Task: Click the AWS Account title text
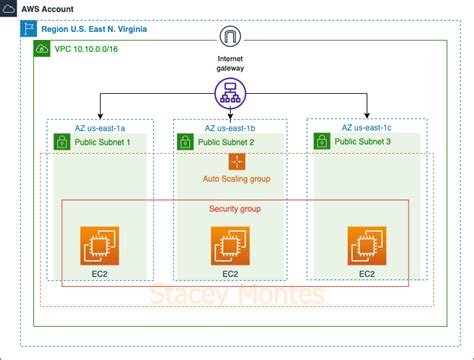[x=39, y=8]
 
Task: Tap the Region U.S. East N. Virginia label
[x=95, y=30]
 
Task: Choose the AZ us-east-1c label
[x=372, y=127]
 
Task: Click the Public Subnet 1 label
[x=106, y=143]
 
